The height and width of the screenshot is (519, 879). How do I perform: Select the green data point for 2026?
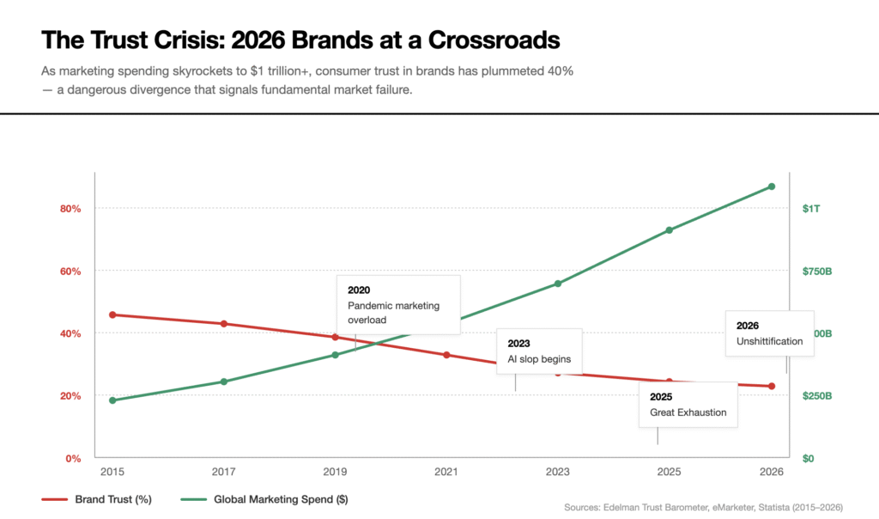(x=772, y=186)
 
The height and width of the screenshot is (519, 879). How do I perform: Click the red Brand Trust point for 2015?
(x=112, y=314)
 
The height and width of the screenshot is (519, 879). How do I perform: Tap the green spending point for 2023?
(x=558, y=284)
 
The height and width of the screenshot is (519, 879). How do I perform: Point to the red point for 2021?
(x=446, y=355)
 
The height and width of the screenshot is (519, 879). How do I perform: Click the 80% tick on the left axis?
(x=70, y=209)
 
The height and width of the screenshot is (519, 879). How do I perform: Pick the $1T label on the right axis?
(x=811, y=209)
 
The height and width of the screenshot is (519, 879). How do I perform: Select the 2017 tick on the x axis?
(x=223, y=472)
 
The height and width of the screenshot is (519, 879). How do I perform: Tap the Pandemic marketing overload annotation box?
(x=398, y=304)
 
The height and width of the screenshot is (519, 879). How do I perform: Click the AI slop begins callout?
(x=539, y=351)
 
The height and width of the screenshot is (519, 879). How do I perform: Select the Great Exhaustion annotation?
(x=688, y=405)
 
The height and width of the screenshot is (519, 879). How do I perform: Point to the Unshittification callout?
(x=769, y=333)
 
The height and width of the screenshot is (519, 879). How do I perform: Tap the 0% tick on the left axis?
(x=72, y=458)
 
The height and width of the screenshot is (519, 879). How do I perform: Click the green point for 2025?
(x=669, y=230)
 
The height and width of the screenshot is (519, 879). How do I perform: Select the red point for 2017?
(x=223, y=324)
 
